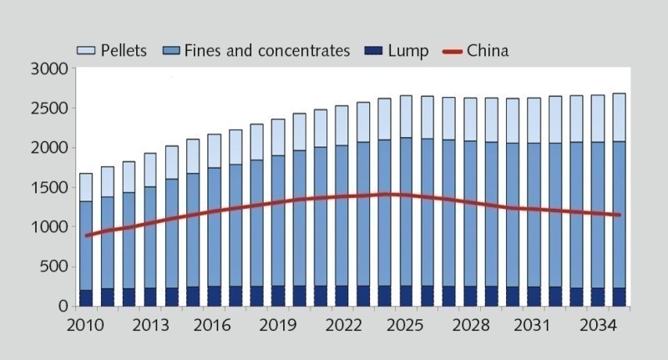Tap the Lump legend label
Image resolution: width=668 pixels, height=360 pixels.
[x=408, y=51]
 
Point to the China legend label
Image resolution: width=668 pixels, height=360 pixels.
[x=488, y=51]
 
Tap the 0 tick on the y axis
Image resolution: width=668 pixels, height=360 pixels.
[x=63, y=306]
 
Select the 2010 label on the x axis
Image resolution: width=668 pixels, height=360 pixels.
[x=87, y=324]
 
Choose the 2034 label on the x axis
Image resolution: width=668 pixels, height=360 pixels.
[x=598, y=324]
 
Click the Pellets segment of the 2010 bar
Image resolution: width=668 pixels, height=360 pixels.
[x=87, y=187]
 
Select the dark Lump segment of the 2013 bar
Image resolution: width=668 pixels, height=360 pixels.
[x=150, y=297]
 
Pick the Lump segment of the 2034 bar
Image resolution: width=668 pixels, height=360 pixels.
[x=597, y=297]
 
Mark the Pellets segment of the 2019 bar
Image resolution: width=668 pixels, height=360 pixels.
[x=279, y=137]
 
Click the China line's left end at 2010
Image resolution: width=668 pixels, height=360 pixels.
[x=87, y=236]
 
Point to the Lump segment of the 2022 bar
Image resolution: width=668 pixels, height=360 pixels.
[x=342, y=296]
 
